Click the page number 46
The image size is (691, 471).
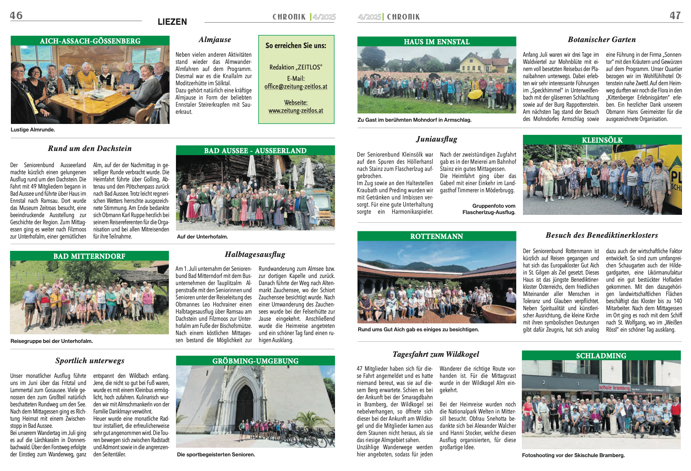[x=16, y=15]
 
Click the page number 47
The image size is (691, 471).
[x=675, y=15]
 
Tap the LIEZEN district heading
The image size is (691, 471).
[x=172, y=22]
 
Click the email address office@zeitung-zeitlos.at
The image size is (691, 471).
[x=295, y=86]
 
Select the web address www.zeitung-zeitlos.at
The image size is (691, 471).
[x=295, y=110]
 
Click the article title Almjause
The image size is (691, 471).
[x=215, y=39]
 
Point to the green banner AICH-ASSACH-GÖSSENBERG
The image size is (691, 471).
[x=90, y=41]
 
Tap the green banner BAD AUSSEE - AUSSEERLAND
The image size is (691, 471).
[x=255, y=151]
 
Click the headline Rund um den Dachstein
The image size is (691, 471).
[x=89, y=148]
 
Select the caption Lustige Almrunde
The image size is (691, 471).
[x=33, y=130]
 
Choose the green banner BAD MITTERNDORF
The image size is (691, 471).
[x=89, y=256]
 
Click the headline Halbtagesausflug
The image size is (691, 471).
[x=255, y=254]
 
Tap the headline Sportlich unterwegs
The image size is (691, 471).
[x=89, y=361]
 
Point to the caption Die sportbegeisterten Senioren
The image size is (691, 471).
[x=216, y=454]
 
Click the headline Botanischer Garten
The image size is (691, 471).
[x=602, y=39]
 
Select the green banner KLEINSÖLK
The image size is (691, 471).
[x=602, y=140]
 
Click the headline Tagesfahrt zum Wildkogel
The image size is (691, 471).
[x=436, y=354]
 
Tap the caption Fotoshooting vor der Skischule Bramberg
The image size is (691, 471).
[x=573, y=455]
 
